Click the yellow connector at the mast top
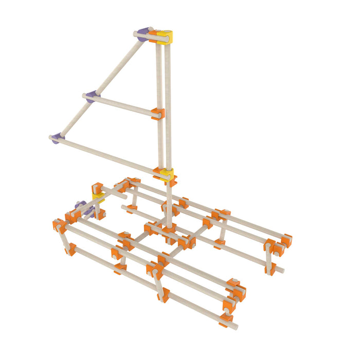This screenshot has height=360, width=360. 165,36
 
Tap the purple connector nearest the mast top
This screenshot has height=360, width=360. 143,34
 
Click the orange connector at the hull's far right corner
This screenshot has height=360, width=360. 285,241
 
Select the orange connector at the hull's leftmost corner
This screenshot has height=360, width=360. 58,225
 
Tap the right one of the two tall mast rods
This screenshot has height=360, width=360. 168,103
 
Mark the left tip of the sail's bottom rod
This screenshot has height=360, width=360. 51,137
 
